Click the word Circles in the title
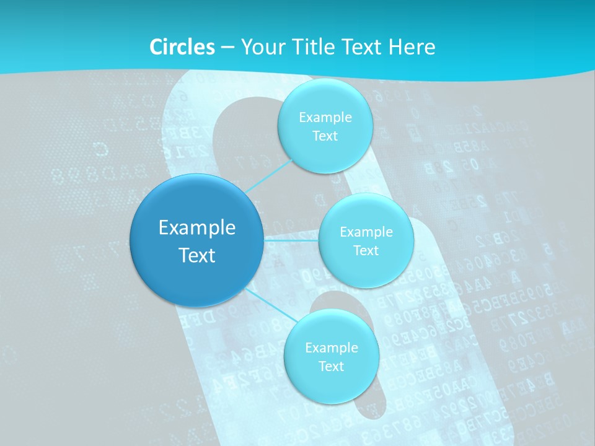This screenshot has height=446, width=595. point(182,47)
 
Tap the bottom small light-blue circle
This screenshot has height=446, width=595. point(331,384)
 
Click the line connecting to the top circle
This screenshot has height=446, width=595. point(267,176)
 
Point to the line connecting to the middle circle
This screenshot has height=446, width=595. point(291,238)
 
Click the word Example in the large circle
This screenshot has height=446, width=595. point(197,227)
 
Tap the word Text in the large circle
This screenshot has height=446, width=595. point(197,255)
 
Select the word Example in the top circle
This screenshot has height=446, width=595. point(325,117)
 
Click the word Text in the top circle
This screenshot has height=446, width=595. point(325,136)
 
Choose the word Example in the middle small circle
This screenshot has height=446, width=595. point(366,232)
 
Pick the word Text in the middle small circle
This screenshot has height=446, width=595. point(366,250)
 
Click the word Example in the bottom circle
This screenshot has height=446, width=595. point(331,348)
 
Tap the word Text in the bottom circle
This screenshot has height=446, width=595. point(331,366)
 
